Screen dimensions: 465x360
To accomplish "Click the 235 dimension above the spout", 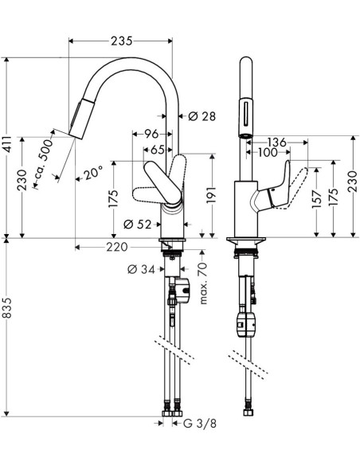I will [x=120, y=41].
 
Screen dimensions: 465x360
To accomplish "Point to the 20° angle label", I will [x=93, y=173].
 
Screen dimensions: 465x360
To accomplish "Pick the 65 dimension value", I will [x=156, y=149].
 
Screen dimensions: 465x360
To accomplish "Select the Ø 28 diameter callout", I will [x=204, y=117].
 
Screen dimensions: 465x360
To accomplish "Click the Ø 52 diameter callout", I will [x=139, y=225].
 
